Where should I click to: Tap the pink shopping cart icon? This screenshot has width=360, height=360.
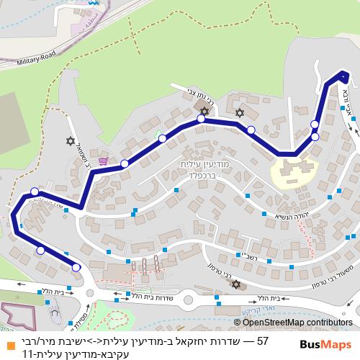104,161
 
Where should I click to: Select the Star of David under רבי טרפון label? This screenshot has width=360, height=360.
235,285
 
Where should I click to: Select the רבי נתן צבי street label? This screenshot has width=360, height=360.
189,94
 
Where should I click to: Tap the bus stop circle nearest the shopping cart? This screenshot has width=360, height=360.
125,164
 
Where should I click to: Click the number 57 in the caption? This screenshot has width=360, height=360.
262,341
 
